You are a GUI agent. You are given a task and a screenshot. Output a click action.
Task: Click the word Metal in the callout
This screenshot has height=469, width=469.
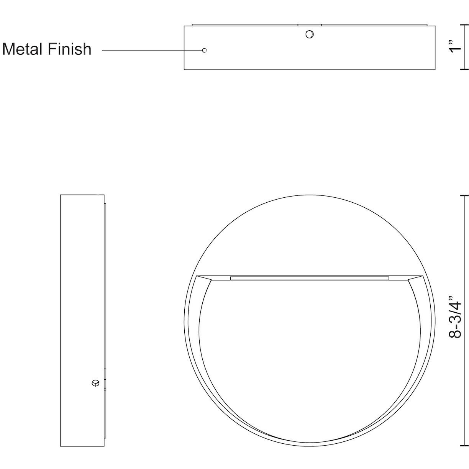point(24,49)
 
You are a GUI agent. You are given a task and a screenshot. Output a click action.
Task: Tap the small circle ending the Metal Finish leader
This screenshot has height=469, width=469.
point(204,50)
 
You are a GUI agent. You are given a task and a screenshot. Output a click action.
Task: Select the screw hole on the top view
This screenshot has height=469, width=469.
point(309,34)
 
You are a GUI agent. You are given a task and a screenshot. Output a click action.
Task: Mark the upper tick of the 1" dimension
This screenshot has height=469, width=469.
point(464,26)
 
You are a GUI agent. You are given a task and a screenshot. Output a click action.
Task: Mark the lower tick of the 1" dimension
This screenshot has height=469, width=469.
point(464,69)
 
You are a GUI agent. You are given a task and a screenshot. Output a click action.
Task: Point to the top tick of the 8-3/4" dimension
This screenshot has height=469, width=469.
point(464,195)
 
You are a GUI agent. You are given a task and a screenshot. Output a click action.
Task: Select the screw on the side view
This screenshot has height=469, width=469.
point(95,383)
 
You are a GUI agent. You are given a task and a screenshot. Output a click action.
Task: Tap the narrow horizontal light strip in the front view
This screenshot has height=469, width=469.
point(310,277)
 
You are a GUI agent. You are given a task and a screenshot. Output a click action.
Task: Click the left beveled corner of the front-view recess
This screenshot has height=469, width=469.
point(203,278)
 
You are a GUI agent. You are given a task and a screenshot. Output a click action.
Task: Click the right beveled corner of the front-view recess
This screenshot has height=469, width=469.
point(415,278)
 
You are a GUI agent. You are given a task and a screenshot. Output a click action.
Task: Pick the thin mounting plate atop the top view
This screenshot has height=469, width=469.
point(310,25)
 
